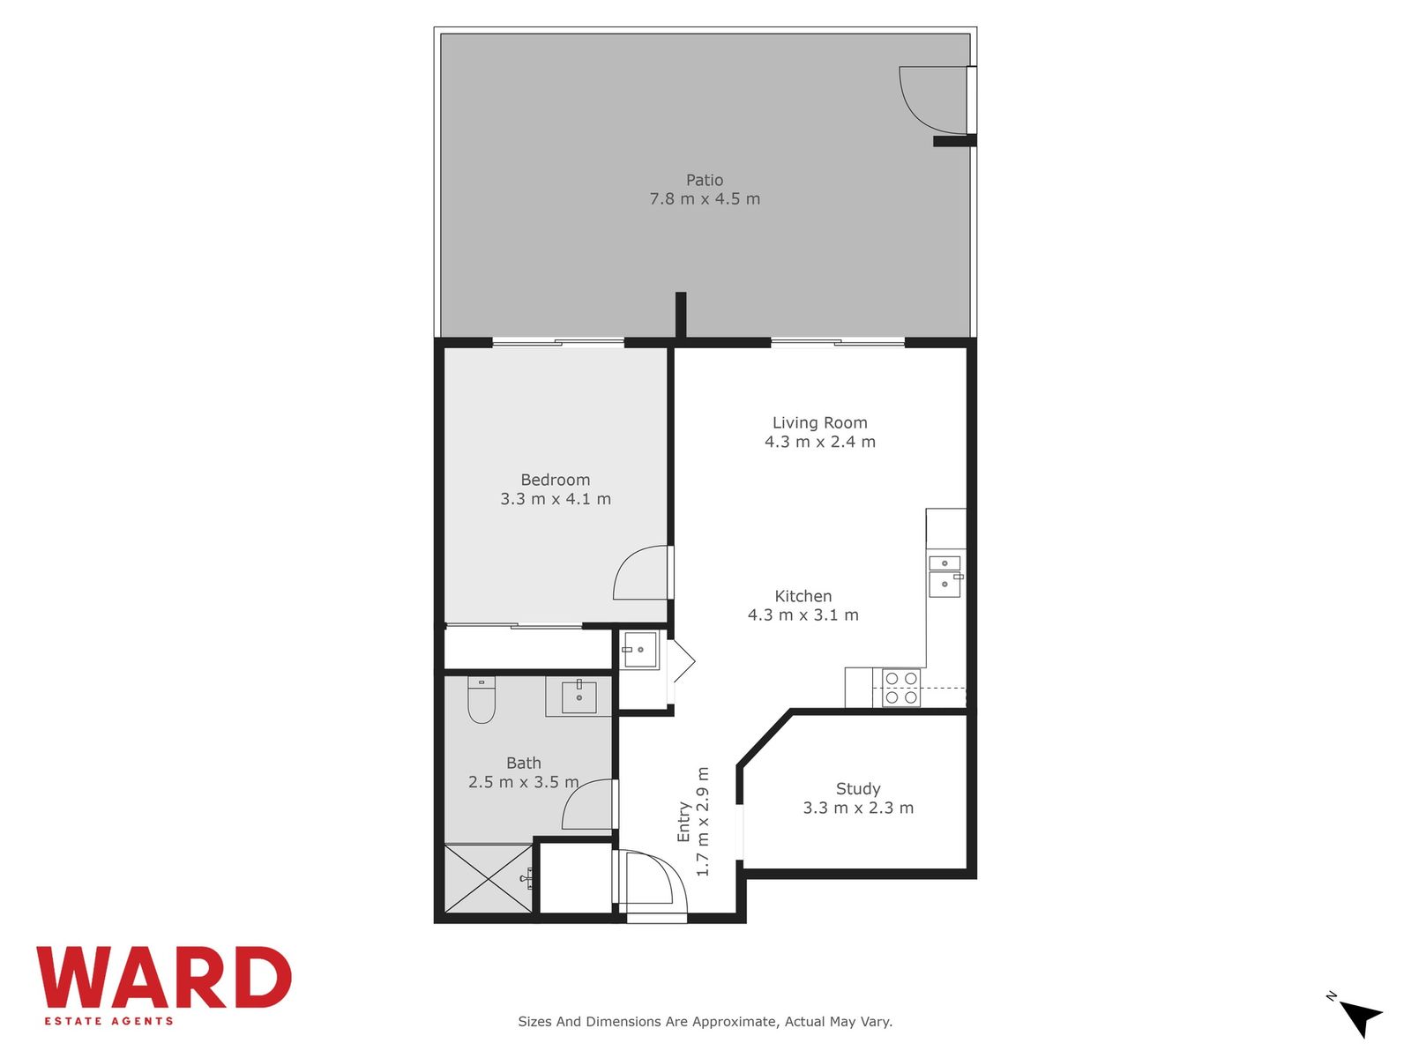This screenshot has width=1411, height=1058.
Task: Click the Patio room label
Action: click(x=704, y=180)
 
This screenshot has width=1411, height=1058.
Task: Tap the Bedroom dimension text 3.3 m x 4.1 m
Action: click(x=556, y=498)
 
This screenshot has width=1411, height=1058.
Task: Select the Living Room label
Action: click(x=819, y=422)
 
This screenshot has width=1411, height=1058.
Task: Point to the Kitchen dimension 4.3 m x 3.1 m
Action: click(x=803, y=615)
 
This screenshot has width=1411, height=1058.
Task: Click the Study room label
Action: click(x=858, y=789)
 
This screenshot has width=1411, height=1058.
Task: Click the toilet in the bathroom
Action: click(x=481, y=699)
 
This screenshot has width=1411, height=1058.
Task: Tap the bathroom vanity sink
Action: click(x=579, y=697)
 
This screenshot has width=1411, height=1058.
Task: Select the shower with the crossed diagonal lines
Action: click(x=489, y=878)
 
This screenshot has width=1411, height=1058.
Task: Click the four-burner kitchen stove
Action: click(x=900, y=688)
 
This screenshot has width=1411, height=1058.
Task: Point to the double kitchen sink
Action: click(x=944, y=577)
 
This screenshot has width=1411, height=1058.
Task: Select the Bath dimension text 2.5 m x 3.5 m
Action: click(x=523, y=782)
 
